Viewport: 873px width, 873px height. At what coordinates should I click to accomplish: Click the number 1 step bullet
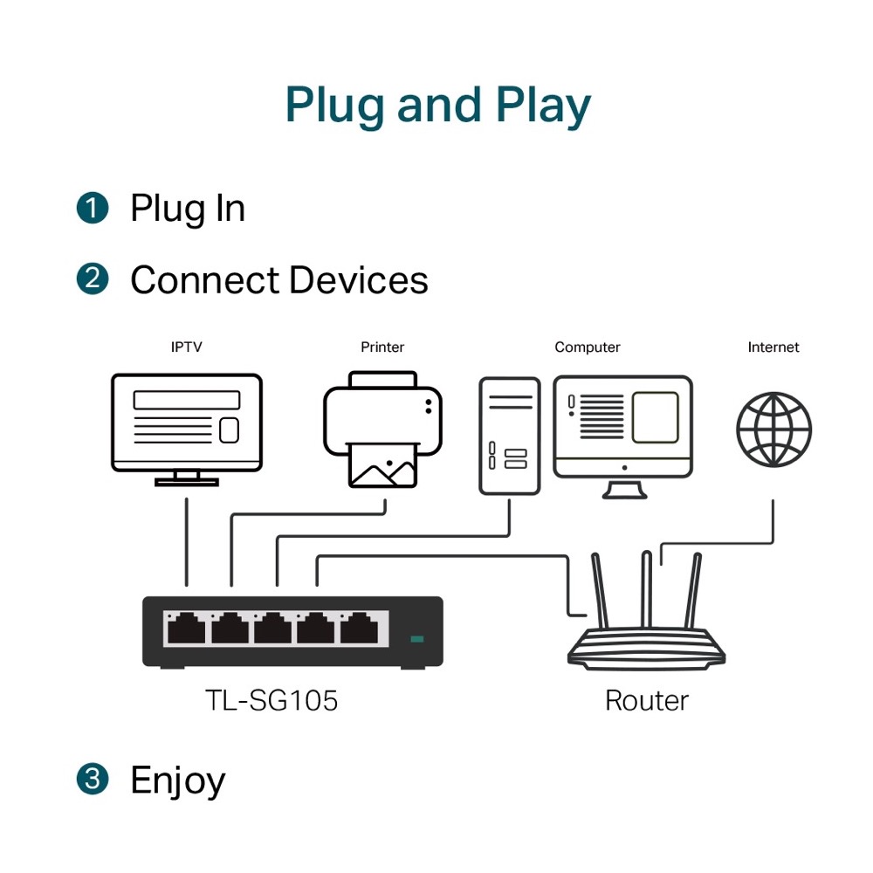pyautogui.click(x=93, y=209)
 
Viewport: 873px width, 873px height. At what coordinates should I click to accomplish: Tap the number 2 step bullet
pyautogui.click(x=93, y=279)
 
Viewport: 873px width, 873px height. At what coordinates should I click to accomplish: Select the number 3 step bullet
pyautogui.click(x=93, y=779)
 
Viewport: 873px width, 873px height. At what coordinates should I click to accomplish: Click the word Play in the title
pyautogui.click(x=544, y=105)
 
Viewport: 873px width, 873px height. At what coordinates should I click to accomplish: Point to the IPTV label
pyautogui.click(x=186, y=347)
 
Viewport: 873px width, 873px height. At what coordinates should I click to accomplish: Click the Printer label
pyautogui.click(x=382, y=347)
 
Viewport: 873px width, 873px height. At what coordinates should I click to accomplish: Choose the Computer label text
pyautogui.click(x=588, y=347)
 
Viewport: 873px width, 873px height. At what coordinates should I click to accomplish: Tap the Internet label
pyautogui.click(x=773, y=347)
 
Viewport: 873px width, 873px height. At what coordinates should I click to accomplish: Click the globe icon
pyautogui.click(x=773, y=430)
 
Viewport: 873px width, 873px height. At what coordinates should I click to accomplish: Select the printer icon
pyautogui.click(x=382, y=428)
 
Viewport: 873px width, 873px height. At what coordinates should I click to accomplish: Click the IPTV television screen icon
pyautogui.click(x=187, y=423)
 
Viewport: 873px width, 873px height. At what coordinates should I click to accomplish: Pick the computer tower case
pyautogui.click(x=509, y=436)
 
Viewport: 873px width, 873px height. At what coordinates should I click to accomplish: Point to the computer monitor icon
pyautogui.click(x=623, y=432)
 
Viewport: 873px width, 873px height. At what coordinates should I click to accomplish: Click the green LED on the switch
pyautogui.click(x=417, y=639)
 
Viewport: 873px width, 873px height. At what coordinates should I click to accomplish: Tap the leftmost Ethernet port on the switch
pyautogui.click(x=185, y=628)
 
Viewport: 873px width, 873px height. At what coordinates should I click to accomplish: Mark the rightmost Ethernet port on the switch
pyautogui.click(x=359, y=628)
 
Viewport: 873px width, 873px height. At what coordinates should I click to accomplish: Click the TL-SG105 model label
pyautogui.click(x=271, y=700)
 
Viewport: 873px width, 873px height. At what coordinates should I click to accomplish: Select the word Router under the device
pyautogui.click(x=646, y=700)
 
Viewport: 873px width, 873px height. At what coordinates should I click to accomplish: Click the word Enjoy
pyautogui.click(x=177, y=780)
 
